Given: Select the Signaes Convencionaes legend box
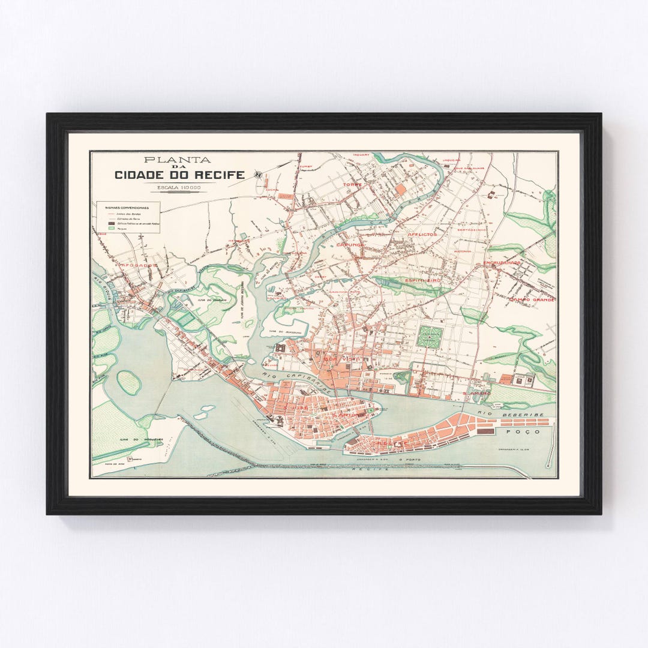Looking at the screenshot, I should coord(128,217).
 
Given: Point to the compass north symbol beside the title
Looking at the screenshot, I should coord(258,175).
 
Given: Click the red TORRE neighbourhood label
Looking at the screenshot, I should coord(352,184).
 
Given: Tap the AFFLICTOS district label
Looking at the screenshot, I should coord(422,234).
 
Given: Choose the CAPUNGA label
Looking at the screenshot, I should coord(350,245).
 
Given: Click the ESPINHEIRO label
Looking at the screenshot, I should coord(423,280).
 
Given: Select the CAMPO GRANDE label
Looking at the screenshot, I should coord(531,299).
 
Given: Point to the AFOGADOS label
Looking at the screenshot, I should coord(138,265).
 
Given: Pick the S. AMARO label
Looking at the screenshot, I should coord(476,393).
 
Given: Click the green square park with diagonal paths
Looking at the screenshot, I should coord(430,337).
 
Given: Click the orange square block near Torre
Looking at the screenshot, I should coord(400,189).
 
